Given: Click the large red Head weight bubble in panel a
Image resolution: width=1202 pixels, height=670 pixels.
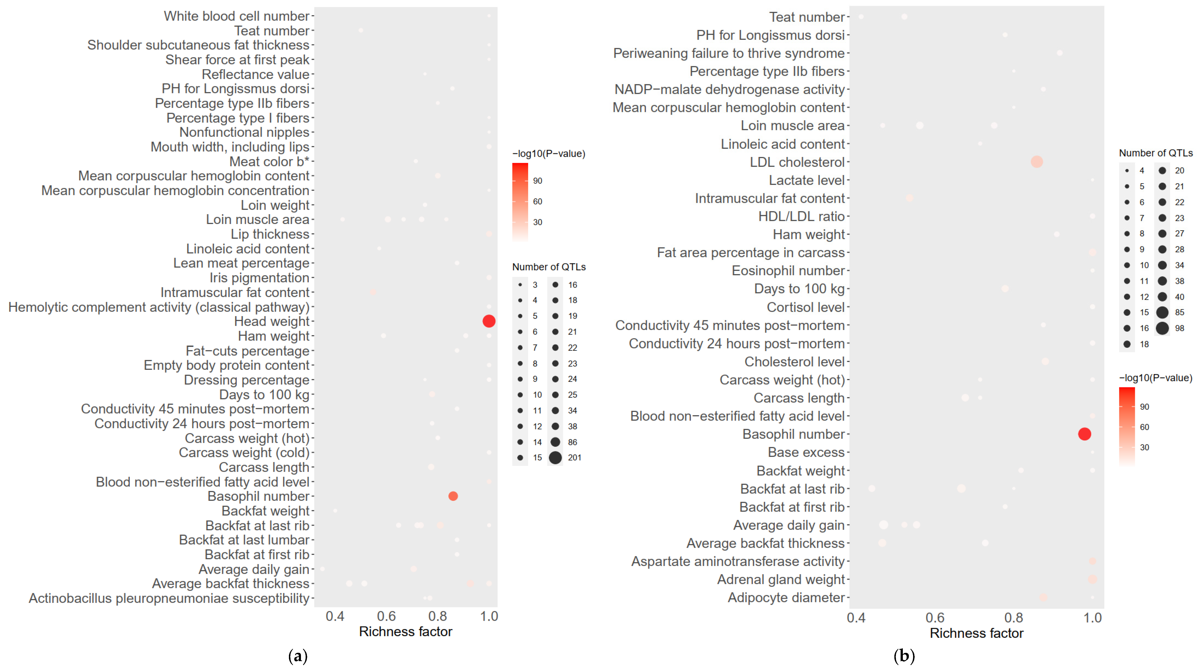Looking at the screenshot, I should [489, 321].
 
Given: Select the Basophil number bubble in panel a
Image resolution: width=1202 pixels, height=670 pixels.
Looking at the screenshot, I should [453, 496].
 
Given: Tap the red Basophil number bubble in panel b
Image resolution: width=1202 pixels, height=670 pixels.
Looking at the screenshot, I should [1084, 434].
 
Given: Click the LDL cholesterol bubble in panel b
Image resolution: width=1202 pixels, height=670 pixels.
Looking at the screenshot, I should [1036, 162].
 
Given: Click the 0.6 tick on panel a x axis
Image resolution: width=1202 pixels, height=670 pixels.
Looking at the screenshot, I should [386, 616].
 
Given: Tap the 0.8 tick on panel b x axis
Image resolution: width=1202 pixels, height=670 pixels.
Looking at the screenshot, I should [1014, 618].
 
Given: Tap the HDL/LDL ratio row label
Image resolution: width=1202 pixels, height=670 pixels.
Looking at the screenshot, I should [801, 216].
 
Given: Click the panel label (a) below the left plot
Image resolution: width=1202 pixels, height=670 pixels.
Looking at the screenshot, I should [298, 656].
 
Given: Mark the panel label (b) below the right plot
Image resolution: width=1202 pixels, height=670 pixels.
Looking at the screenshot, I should [904, 656].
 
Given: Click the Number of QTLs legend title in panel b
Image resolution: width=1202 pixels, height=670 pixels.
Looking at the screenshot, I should [1155, 153].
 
